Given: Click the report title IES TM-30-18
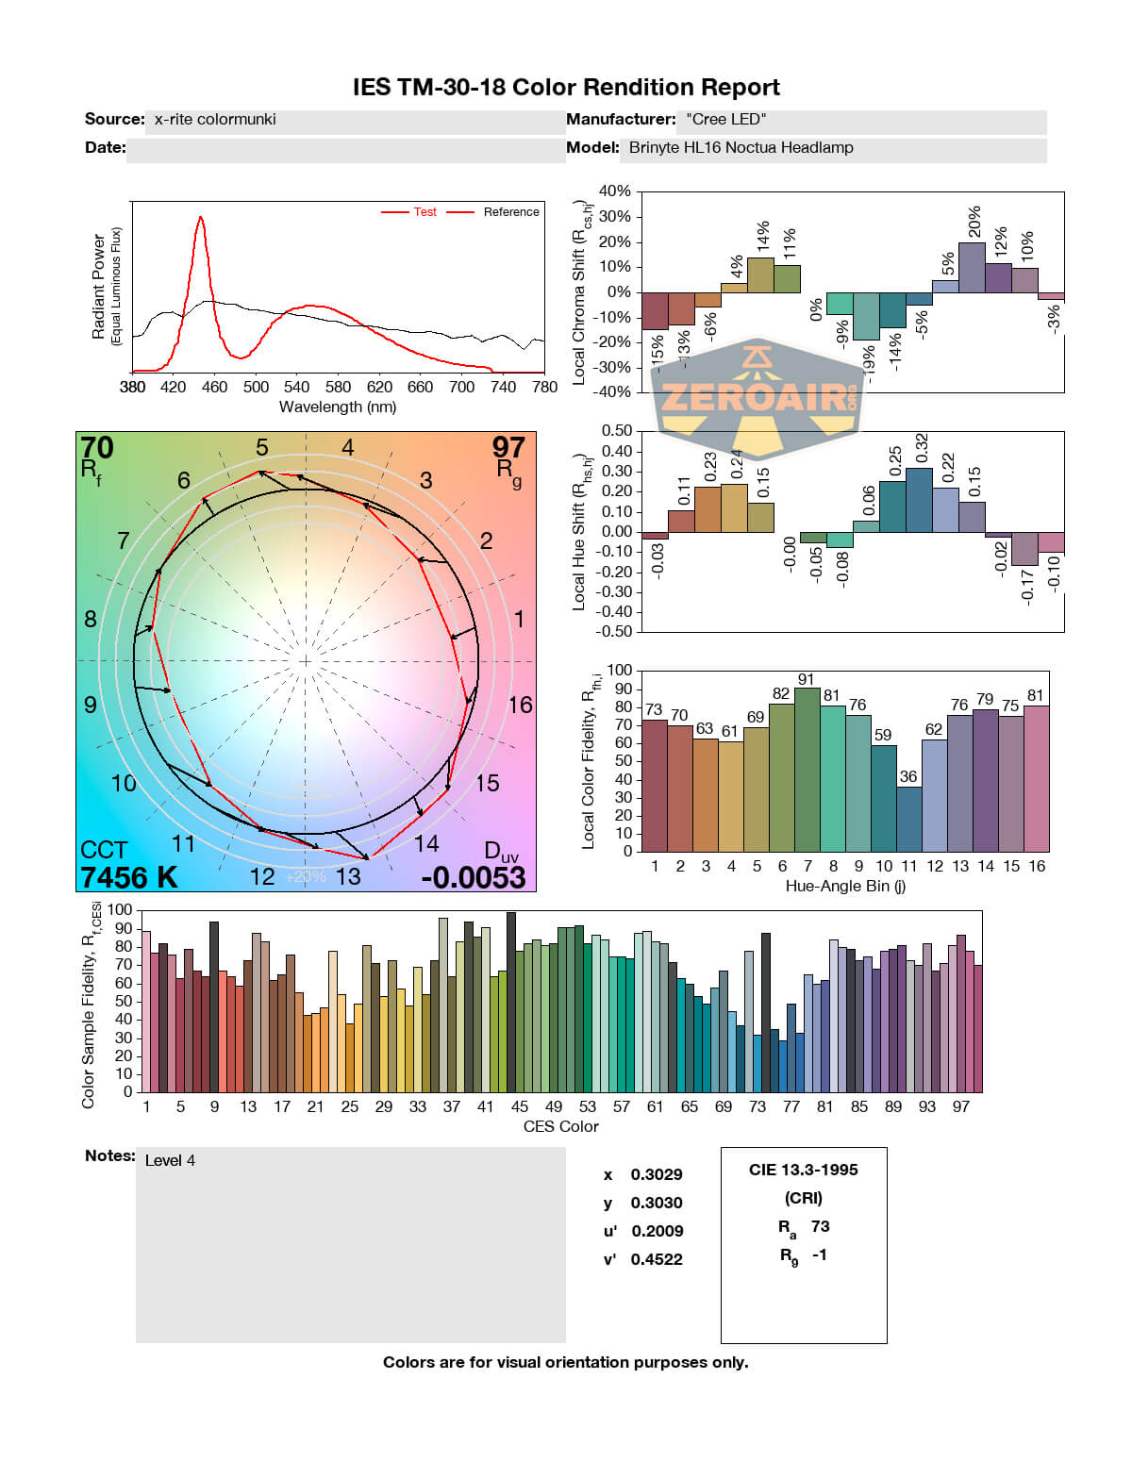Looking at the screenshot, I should coord(565,88).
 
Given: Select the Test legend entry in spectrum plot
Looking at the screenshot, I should coord(424,212).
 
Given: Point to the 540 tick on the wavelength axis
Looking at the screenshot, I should coord(296,387).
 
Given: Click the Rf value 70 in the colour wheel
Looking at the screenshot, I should coord(96,447).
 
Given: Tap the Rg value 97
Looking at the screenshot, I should coord(508,447).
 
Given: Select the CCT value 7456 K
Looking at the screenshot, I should coord(128,877).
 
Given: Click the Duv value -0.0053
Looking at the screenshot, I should coord(473,877).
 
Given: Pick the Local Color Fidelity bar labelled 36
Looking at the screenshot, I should coord(908,819).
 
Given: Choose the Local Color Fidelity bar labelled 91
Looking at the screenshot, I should coord(807,769).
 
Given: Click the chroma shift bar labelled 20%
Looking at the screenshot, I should coord(972,267).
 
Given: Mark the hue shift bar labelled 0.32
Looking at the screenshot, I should coord(919,500).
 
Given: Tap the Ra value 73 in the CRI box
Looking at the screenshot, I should coord(821,1226).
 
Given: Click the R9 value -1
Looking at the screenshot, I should coord(819,1254).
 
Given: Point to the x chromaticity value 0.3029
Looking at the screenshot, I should coord(657,1174).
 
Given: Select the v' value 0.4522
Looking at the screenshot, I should coord(657,1259).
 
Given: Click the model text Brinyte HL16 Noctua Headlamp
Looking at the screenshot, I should coord(741,148).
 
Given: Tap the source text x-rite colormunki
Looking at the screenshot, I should coord(215,120).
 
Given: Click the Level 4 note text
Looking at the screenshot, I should coord(170,1160).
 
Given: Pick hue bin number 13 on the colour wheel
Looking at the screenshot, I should coord(348,876).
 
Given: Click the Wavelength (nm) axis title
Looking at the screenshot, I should coord(338,407).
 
